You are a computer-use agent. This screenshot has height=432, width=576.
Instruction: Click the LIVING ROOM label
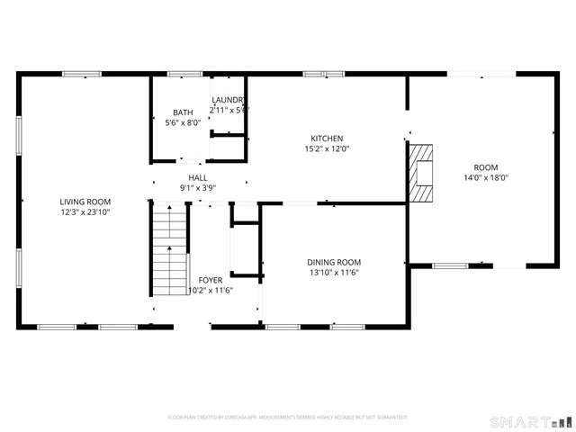(85, 202)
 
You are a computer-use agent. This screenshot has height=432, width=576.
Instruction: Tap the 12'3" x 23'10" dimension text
(85, 212)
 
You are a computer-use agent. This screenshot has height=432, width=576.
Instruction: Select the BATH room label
(183, 112)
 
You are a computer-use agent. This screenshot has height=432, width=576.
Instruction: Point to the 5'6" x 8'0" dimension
(183, 123)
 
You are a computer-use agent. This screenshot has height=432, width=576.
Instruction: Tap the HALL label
(198, 178)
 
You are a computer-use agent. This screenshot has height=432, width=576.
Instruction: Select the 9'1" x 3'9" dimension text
(198, 188)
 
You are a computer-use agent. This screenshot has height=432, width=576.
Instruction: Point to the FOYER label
(211, 280)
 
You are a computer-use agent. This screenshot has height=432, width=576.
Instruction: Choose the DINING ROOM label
(335, 262)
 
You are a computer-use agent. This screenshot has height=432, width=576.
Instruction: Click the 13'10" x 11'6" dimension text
(335, 273)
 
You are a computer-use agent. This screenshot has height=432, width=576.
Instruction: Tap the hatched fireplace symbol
(421, 175)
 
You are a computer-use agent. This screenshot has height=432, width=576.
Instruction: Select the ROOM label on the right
(486, 167)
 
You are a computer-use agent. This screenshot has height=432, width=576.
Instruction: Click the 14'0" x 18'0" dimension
(486, 178)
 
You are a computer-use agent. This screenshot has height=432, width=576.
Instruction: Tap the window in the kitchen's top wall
(323, 74)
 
